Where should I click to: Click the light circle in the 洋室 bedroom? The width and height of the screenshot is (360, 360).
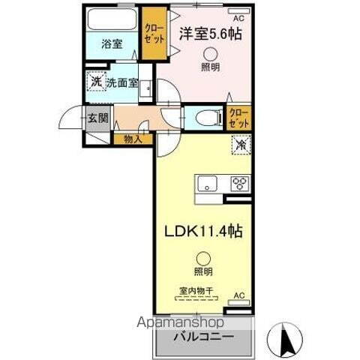210,53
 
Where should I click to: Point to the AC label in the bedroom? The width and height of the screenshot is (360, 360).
238,17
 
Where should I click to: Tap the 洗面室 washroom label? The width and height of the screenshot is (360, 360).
122,82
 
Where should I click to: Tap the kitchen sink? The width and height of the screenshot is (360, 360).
208,184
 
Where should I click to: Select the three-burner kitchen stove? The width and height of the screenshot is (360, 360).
239,183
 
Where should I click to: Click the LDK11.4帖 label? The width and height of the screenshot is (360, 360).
202,232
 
